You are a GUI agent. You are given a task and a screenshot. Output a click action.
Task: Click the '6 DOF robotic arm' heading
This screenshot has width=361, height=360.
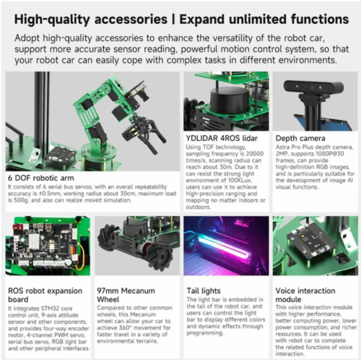tap(41, 178)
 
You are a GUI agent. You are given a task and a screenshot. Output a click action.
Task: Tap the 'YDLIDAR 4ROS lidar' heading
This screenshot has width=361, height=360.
tap(222, 138)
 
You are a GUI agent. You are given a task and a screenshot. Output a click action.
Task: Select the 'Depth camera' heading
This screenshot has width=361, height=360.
tap(300, 138)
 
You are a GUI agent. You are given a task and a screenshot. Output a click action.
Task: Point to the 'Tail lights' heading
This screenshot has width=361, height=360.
tap(204, 291)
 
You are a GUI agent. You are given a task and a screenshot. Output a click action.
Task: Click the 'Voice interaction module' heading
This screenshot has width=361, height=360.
tap(305, 295)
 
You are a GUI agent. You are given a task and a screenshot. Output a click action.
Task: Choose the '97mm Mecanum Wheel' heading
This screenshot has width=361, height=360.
tap(126, 295)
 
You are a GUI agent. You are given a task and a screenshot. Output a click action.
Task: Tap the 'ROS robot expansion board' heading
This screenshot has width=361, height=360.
tap(45, 295)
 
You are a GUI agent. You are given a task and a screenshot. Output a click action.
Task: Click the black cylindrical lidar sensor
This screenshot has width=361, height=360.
tap(229, 99)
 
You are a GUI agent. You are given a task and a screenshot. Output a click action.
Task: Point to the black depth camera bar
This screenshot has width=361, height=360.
tap(314, 86)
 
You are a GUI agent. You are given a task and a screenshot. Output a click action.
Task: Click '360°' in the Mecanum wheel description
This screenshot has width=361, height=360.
tap(125, 328)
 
